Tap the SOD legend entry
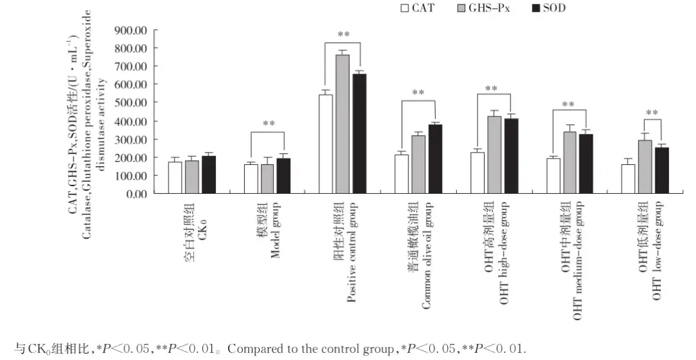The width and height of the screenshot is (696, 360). point(551,9)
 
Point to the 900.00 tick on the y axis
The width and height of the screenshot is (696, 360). point(131,30)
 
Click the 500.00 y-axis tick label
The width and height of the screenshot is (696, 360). point(131,102)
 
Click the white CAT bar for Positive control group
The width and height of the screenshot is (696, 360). point(327,144)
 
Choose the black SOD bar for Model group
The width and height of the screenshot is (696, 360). point(284,175)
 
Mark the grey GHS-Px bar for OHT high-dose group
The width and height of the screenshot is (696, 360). point(494,155)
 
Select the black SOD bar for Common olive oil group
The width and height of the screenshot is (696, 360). point(435,158)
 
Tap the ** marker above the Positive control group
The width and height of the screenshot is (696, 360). point(343,34)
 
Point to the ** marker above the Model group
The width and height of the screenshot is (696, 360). point(268,124)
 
